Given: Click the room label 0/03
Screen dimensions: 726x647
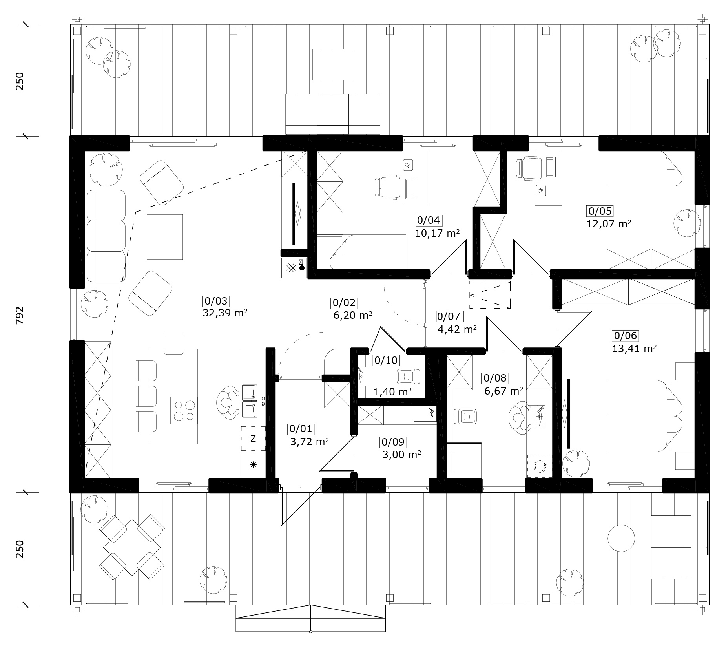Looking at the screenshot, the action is [x=216, y=301].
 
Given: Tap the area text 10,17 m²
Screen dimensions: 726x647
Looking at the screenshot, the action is [x=437, y=233].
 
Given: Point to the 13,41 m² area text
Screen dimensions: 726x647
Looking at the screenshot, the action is [x=634, y=348].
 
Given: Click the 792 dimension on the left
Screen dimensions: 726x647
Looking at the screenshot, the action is [x=20, y=315].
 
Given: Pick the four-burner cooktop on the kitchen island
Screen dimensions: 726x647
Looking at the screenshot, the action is [x=184, y=410].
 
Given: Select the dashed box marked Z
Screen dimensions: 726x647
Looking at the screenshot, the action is [x=253, y=439].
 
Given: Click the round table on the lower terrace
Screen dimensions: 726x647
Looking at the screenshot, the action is [x=621, y=538].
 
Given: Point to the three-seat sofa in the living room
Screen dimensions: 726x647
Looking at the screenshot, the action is [x=106, y=236].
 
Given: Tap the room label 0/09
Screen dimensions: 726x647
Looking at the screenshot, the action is [x=393, y=442].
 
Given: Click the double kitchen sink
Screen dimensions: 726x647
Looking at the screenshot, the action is [x=250, y=400].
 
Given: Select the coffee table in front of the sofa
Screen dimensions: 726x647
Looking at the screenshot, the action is [x=165, y=237].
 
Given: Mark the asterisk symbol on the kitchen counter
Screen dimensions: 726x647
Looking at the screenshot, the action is [x=253, y=465].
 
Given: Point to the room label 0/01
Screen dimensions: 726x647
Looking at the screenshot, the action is [x=301, y=429].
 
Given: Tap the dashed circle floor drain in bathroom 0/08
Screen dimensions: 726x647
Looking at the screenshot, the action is [x=540, y=466].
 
